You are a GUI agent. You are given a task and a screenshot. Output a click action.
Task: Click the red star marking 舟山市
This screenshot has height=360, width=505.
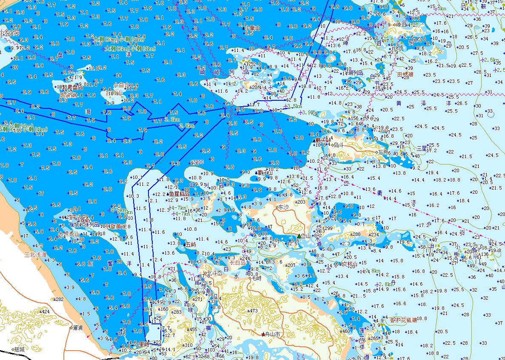pyautogui.click(x=263, y=334)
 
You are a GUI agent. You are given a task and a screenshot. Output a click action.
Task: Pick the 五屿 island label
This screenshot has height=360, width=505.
pyautogui.click(x=191, y=244)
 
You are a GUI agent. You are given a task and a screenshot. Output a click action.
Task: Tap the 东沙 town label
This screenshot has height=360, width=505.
pyautogui.click(x=283, y=207)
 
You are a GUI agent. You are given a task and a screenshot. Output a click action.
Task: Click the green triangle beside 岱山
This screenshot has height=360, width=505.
pyautogui.click(x=299, y=236)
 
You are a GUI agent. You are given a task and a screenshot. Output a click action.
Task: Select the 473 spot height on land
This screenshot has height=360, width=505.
pyautogui.click(x=254, y=311)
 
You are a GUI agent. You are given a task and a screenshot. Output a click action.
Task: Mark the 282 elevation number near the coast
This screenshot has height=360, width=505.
pyautogui.click(x=59, y=299)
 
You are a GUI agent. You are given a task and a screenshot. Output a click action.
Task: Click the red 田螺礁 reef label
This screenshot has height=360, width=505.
pyautogui.click(x=405, y=74)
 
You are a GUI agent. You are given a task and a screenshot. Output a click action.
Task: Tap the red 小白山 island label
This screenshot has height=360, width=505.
pyautogui.click(x=121, y=85)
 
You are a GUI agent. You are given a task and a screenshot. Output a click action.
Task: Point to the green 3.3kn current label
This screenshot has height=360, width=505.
pyautogui.click(x=171, y=119)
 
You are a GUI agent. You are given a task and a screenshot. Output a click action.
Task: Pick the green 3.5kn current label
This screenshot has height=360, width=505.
pyautogui.click(x=294, y=106)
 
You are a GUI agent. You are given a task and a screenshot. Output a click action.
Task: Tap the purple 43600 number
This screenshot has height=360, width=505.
pyautogui.click(x=198, y=162)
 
